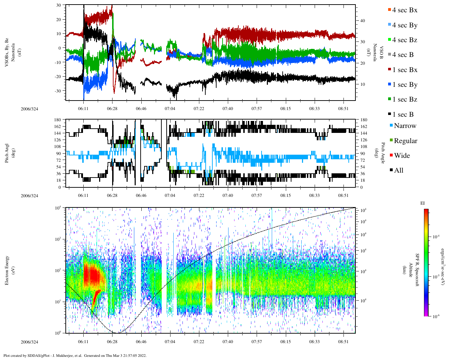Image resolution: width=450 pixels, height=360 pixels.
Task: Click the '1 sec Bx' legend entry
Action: (x=405, y=70)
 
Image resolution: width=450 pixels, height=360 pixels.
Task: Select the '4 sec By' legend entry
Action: (x=405, y=25)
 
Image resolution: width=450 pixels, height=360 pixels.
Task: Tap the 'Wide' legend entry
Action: (x=402, y=156)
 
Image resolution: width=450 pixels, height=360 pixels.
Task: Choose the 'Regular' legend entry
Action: (x=405, y=141)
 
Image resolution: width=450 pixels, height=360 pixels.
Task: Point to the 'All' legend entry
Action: (x=399, y=171)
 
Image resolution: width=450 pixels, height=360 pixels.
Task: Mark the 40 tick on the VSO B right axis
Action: (x=362, y=21)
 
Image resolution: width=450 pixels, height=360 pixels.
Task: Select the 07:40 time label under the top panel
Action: (x=227, y=109)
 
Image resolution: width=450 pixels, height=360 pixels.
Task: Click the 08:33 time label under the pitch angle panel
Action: (x=314, y=195)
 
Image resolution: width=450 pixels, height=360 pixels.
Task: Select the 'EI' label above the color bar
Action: (x=423, y=203)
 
